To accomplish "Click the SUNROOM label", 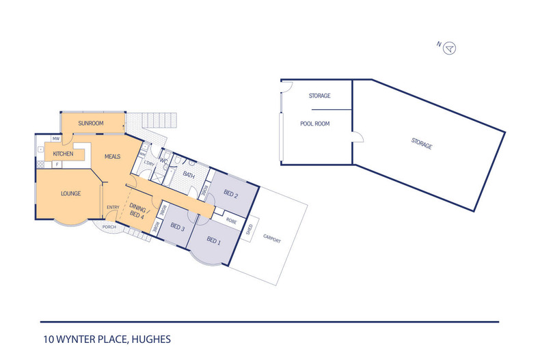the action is click(x=91, y=123).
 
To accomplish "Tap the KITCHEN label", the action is click(x=63, y=154).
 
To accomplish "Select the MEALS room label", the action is click(x=112, y=156).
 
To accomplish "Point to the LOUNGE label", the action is click(x=70, y=194).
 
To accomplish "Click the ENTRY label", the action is click(x=113, y=207).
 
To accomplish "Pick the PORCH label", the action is click(x=109, y=227).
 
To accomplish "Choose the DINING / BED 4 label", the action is click(x=137, y=210).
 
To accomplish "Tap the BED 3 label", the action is click(x=178, y=227).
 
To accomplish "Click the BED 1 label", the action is click(x=213, y=240).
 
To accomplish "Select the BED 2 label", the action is click(x=231, y=194).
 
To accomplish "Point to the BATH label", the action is click(x=189, y=175).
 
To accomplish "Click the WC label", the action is click(x=163, y=161).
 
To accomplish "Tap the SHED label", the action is click(x=249, y=230).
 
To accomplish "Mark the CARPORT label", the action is click(x=272, y=238).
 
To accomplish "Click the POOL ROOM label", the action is click(x=314, y=124).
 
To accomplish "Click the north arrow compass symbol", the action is click(x=449, y=48).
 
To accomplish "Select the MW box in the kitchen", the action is click(x=56, y=139).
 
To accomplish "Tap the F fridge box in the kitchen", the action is click(x=57, y=165).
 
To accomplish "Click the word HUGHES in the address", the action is click(x=151, y=340).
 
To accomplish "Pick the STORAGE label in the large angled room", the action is click(x=422, y=143).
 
